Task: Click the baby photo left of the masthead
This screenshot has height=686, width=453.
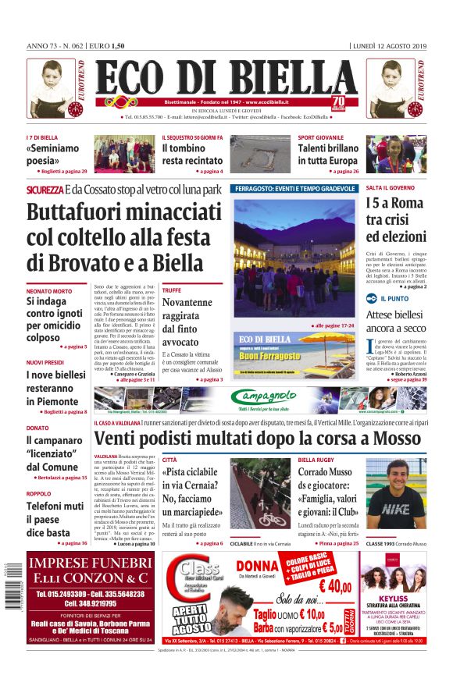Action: tap(51, 88)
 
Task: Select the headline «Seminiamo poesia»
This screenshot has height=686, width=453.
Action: tap(52, 155)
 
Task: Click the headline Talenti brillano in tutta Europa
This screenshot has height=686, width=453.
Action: tap(328, 155)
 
